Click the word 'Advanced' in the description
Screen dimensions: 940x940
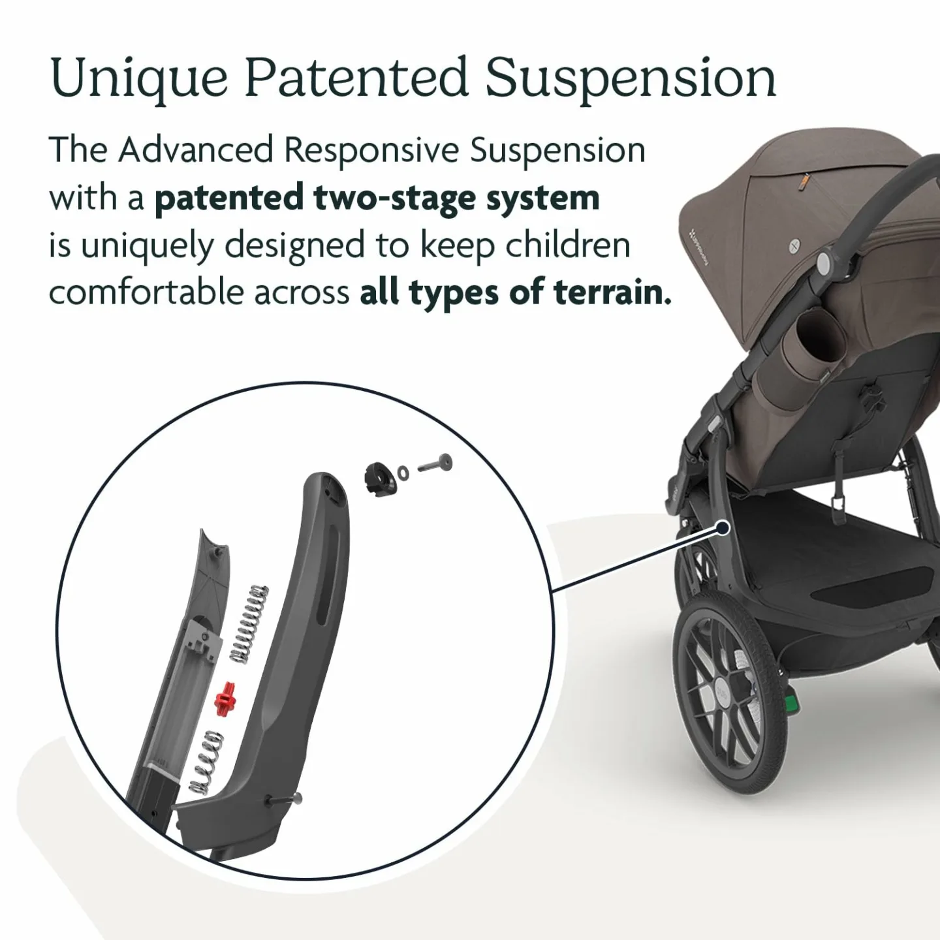click(x=196, y=151)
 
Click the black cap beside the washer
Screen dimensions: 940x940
click(x=378, y=475)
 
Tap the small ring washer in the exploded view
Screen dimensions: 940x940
click(x=404, y=471)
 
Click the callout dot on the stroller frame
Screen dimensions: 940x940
click(x=722, y=527)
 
